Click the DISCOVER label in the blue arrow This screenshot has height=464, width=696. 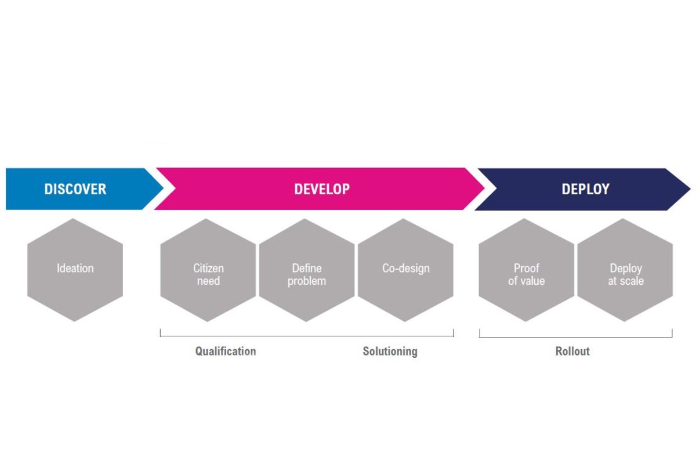(x=75, y=189)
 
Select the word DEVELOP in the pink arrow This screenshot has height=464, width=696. (x=322, y=189)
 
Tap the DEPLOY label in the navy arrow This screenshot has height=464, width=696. (x=585, y=189)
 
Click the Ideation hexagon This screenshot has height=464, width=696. (x=75, y=269)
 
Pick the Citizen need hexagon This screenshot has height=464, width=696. (x=208, y=270)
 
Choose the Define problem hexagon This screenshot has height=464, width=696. (x=307, y=270)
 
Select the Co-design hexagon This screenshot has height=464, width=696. (x=405, y=269)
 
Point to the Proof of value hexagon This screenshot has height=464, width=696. (x=526, y=270)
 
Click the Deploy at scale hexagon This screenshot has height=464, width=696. (x=625, y=270)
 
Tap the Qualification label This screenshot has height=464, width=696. (x=225, y=351)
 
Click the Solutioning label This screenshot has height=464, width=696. (x=390, y=351)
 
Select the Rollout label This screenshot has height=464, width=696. (x=572, y=351)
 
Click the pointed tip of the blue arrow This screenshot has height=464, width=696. (x=164, y=189)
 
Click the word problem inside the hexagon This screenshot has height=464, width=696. (x=307, y=281)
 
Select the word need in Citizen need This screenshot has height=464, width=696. (x=208, y=281)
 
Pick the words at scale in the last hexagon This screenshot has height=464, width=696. (x=625, y=281)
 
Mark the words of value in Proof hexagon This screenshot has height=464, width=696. (x=526, y=281)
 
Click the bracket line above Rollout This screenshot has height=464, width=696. (x=575, y=337)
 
